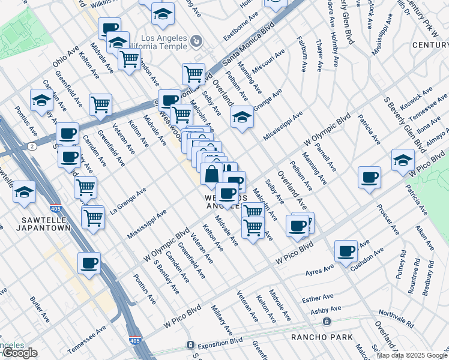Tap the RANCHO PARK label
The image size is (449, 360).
(x=322, y=337)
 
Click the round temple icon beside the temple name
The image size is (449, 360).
(x=196, y=43)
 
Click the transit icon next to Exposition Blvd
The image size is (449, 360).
(x=190, y=346)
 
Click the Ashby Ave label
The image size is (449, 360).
(x=326, y=310)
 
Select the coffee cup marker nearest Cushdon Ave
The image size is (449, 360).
(x=346, y=251)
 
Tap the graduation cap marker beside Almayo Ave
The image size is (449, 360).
(x=403, y=160)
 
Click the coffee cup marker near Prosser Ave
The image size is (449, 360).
(x=369, y=177)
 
